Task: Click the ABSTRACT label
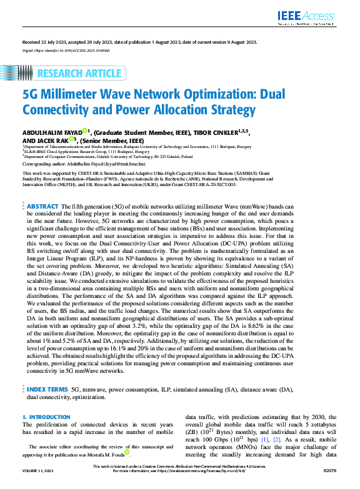[x=44, y=205]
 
